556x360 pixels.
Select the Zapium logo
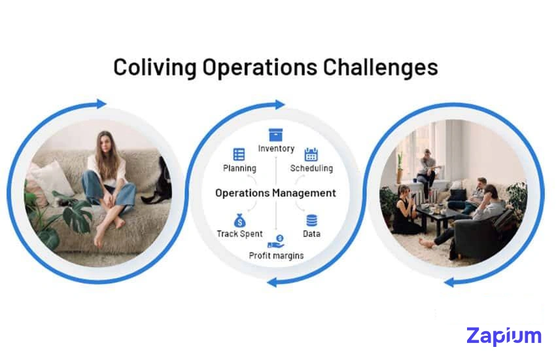[504, 336]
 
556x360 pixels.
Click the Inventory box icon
[276, 133]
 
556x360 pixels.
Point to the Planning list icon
[239, 154]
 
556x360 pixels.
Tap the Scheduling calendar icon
[311, 154]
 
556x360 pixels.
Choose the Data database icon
[311, 220]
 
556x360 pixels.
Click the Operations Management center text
[275, 193]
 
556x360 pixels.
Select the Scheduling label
[311, 168]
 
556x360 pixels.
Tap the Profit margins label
[276, 255]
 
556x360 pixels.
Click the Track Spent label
[239, 234]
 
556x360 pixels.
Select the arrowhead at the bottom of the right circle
[449, 282]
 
